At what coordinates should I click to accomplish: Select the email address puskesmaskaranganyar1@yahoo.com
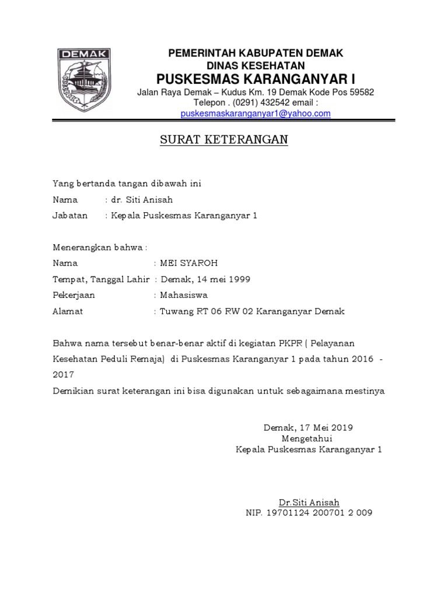tap(256, 114)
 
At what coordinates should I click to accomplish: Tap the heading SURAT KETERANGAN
tap(224, 141)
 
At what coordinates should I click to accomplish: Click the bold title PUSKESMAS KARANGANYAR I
tap(256, 79)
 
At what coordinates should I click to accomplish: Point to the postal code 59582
tap(361, 92)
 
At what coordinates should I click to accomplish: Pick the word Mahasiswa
tap(184, 295)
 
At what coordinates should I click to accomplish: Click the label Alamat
tap(68, 311)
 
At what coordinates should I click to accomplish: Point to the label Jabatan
tap(70, 216)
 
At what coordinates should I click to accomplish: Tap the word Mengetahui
tap(308, 438)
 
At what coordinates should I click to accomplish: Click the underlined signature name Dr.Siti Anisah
tap(309, 502)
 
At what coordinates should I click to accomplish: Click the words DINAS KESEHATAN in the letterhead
tap(256, 65)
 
